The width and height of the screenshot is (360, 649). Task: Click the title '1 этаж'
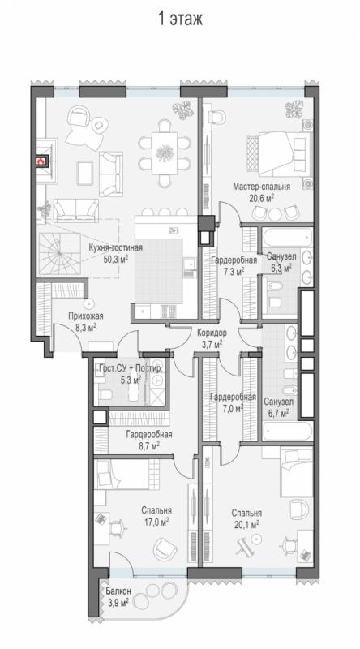[181, 19]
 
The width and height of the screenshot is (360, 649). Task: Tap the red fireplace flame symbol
[41, 161]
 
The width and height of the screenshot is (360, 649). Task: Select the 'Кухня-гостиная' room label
[116, 248]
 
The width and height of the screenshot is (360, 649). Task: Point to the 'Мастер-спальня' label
[261, 187]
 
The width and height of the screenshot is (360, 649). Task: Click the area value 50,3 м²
[116, 259]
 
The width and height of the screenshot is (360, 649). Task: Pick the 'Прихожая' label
[86, 316]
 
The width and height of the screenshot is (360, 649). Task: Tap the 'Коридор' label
[212, 333]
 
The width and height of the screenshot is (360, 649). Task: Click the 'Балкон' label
[118, 591]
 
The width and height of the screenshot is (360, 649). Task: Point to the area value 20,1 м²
[246, 524]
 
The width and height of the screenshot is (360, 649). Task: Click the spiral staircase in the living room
[60, 254]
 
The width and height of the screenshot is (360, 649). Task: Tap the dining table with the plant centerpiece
[165, 153]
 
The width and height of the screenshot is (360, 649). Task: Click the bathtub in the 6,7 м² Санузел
[285, 432]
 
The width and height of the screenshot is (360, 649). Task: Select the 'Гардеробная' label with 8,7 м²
[149, 435]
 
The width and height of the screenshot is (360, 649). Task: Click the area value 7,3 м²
[234, 271]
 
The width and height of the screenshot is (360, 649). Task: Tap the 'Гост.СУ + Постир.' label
[131, 368]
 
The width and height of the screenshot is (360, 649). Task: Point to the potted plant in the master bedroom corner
[296, 109]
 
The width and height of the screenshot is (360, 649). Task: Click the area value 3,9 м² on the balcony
[118, 602]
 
